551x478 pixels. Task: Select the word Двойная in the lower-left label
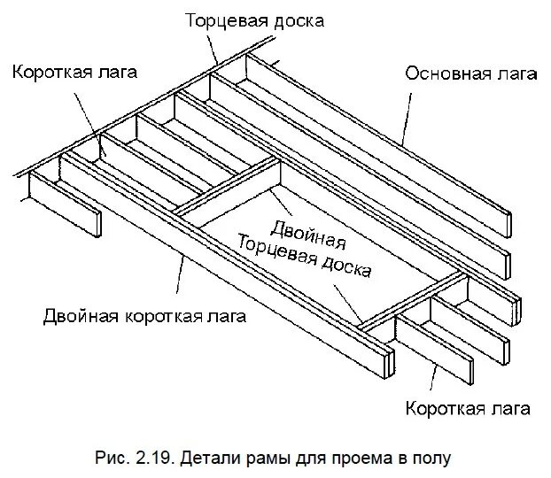[77, 316]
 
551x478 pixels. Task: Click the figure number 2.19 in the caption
[153, 458]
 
